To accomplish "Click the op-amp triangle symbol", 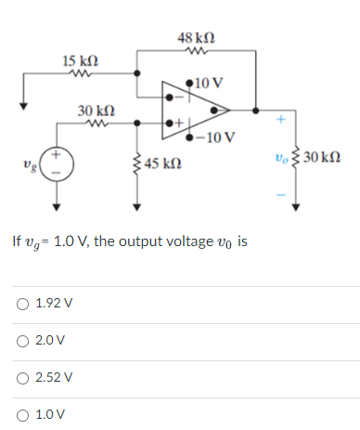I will [195, 111].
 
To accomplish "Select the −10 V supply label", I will [221, 139].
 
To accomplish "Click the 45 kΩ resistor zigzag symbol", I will [137, 163].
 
